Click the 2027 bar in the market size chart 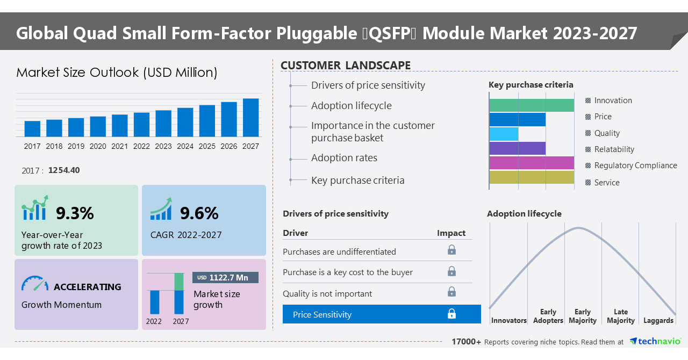tap(250, 117)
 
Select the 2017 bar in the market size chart tap(32, 128)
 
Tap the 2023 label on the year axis tap(163, 146)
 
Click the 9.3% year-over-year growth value tap(75, 213)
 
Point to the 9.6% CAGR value tap(199, 213)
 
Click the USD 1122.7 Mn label tap(225, 277)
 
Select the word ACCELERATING tap(88, 287)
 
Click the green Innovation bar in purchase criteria tap(532, 105)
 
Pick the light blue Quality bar tap(504, 134)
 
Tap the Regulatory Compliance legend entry tap(635, 165)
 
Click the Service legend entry tap(606, 183)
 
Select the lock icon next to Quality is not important tap(451, 292)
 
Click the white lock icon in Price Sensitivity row tap(451, 314)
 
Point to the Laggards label tap(658, 321)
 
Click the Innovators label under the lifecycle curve tap(508, 321)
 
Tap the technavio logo tap(655, 341)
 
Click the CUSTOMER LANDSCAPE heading tap(346, 66)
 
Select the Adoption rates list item tap(344, 158)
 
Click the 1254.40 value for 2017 tap(64, 170)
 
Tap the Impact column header tap(451, 233)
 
